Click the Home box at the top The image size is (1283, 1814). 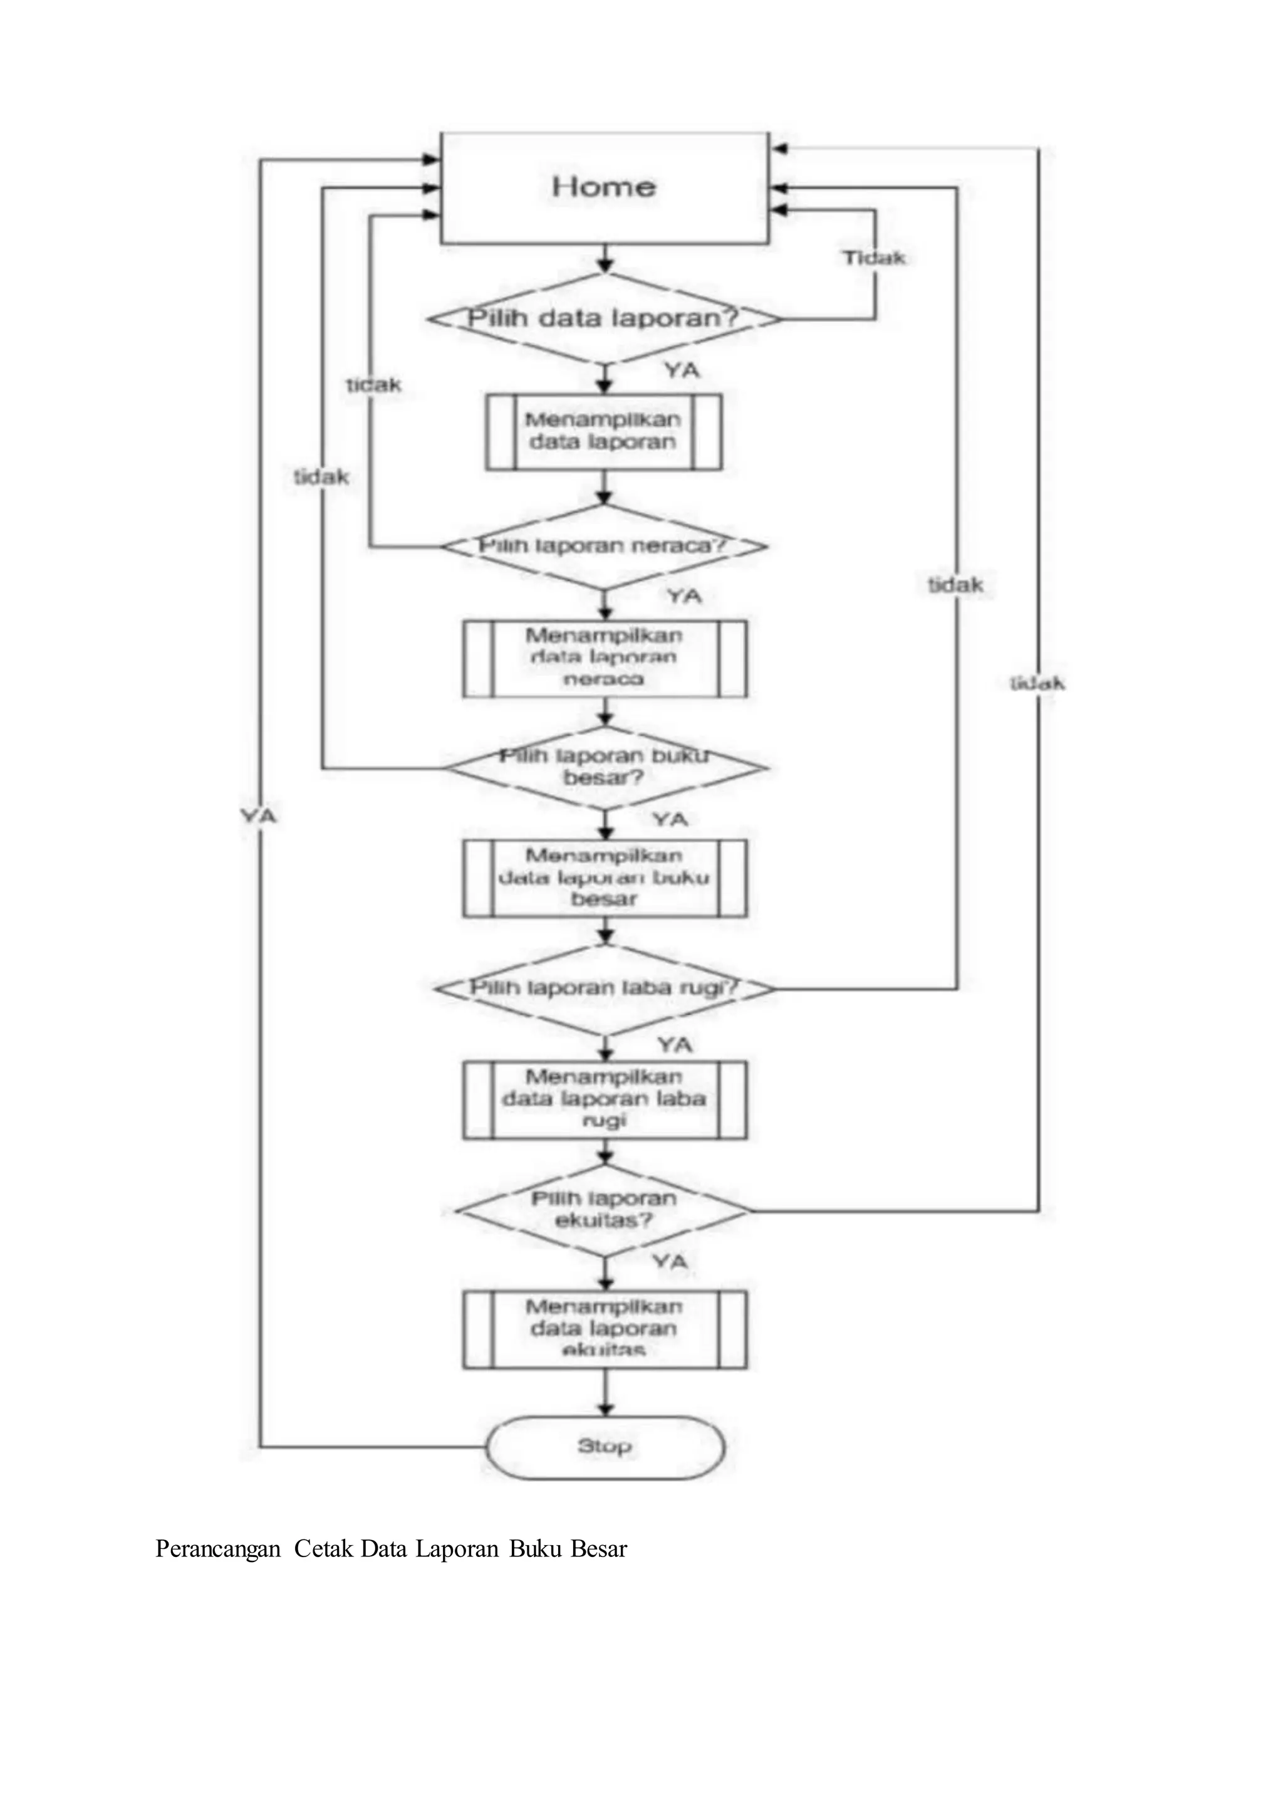tap(605, 187)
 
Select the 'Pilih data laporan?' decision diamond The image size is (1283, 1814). tap(605, 318)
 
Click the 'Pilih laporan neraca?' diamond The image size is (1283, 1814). tap(605, 546)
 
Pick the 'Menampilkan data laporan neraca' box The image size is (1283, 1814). tap(605, 658)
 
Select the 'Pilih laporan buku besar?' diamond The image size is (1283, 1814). tap(605, 767)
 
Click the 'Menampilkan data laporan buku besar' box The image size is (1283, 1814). tap(605, 878)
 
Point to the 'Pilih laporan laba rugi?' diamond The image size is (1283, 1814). tap(605, 988)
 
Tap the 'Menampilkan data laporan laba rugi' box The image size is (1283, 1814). tap(605, 1099)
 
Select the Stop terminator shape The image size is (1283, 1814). tap(605, 1447)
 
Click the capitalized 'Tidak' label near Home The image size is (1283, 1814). tap(873, 258)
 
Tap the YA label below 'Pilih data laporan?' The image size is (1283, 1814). tap(682, 370)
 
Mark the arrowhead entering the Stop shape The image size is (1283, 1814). tap(605, 1409)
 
